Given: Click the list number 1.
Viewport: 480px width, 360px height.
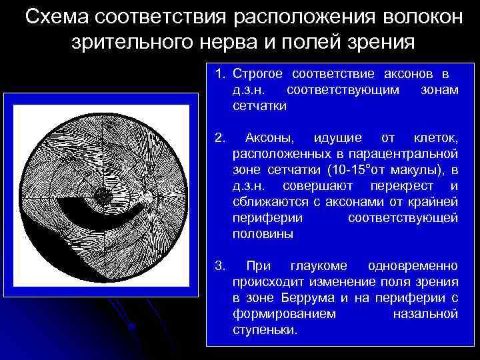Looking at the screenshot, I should (221, 73).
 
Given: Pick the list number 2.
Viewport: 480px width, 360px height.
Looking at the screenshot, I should (221, 138).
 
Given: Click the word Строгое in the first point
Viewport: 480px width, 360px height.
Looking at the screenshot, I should (263, 73).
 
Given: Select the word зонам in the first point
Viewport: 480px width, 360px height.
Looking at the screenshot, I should (440, 89).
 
